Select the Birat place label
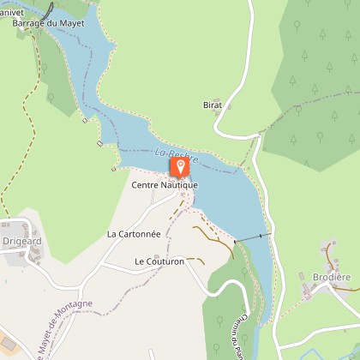click(x=213, y=105)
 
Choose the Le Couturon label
click(x=159, y=261)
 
